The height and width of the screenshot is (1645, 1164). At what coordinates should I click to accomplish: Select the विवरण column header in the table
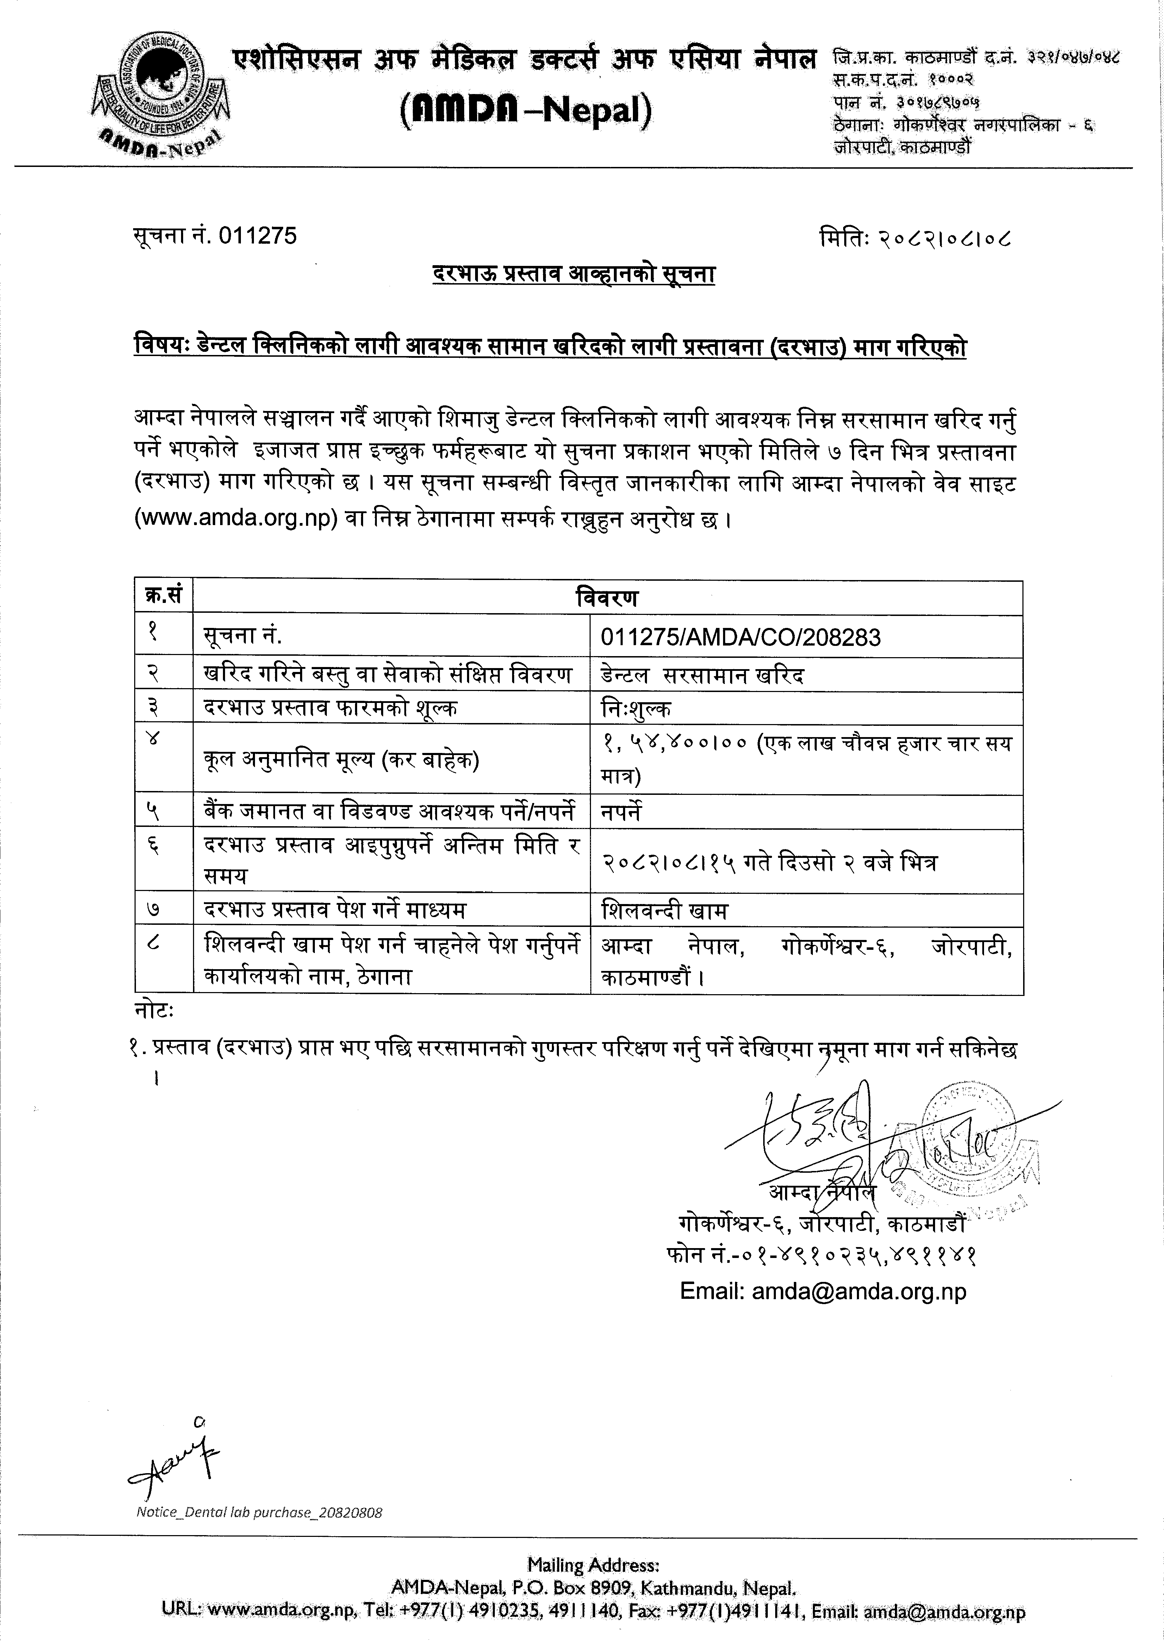(x=607, y=598)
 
